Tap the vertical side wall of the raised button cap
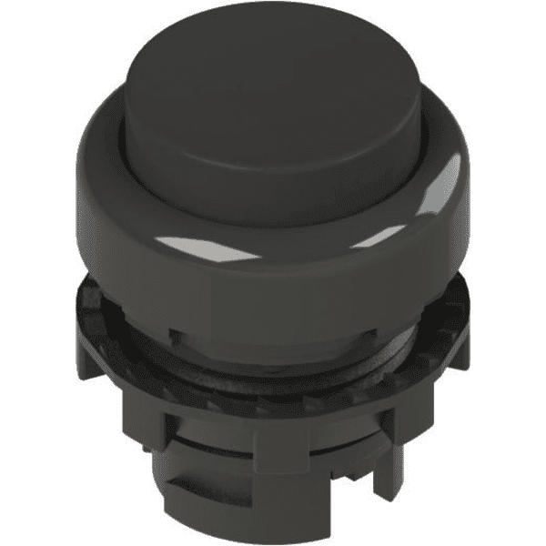(273, 168)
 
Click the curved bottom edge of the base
(273, 528)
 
